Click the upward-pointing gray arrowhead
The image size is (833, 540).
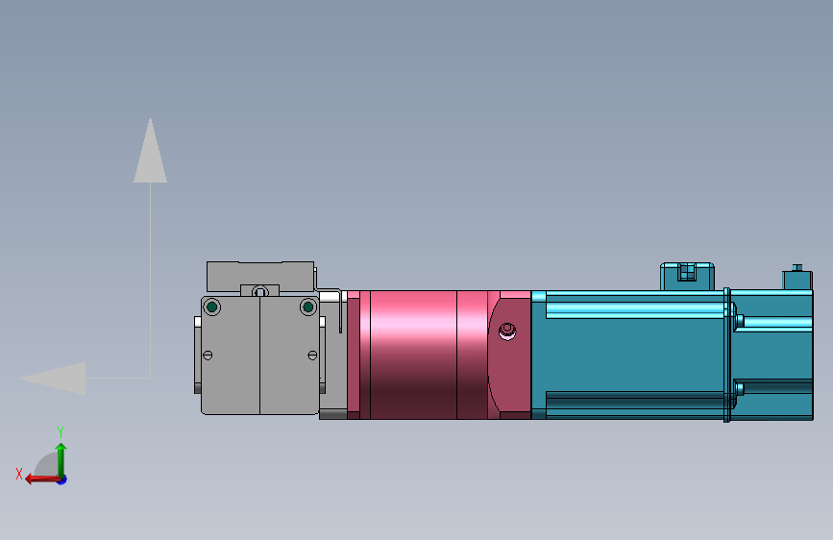[150, 154]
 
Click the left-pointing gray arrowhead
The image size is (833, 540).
[58, 378]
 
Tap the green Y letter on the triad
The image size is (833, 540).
[60, 431]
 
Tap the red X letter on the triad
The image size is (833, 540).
[19, 473]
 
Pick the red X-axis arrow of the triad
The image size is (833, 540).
[38, 479]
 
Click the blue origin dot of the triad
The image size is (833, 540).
[61, 479]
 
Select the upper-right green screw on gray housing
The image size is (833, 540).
[307, 307]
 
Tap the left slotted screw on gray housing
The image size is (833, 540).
[208, 356]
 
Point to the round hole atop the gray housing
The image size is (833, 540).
[259, 291]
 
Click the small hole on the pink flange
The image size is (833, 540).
[507, 331]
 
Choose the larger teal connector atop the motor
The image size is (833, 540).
[686, 276]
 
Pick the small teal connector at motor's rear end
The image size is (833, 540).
[797, 280]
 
